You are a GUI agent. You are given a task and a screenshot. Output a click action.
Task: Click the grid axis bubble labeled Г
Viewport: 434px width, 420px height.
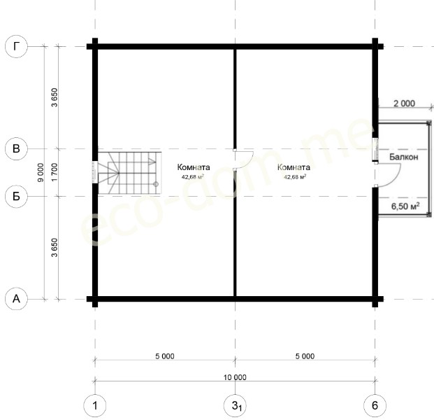(x=16, y=47)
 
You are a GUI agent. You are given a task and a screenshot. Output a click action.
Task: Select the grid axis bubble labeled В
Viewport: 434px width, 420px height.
(x=16, y=149)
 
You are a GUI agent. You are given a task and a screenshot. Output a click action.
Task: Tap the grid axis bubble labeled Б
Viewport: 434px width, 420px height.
(x=16, y=196)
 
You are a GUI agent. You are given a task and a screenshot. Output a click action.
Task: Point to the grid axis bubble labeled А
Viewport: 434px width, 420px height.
(x=16, y=299)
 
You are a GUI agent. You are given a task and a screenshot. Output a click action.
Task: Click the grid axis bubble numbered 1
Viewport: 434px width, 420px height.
(x=95, y=405)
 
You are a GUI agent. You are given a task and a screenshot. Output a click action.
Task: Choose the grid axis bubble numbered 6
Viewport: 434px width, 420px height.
(x=375, y=405)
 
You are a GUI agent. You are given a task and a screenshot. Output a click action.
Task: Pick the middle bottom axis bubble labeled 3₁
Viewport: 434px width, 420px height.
(x=235, y=405)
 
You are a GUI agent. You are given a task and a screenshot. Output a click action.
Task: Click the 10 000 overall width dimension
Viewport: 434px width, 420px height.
(x=235, y=377)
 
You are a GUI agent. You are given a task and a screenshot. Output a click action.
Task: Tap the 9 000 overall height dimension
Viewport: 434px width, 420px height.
(x=41, y=172)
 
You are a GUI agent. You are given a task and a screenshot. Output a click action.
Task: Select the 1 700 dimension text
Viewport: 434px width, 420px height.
(x=55, y=172)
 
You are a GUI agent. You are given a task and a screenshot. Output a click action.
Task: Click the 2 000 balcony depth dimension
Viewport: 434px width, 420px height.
(x=404, y=104)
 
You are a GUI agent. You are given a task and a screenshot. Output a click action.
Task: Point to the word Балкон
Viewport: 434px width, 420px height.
(x=403, y=157)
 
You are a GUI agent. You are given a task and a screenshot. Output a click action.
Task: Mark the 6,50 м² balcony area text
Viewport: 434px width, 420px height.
(x=405, y=206)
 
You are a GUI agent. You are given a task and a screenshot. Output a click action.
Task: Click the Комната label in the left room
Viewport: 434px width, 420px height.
(x=194, y=167)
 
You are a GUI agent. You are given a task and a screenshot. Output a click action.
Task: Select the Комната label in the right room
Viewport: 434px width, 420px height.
(x=294, y=167)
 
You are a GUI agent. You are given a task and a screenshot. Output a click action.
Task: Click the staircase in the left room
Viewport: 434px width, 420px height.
(x=129, y=173)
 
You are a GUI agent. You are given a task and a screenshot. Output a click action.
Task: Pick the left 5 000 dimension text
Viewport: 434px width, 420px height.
(x=165, y=356)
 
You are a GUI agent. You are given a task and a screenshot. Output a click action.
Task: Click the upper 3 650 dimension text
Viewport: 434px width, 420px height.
(x=55, y=97)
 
